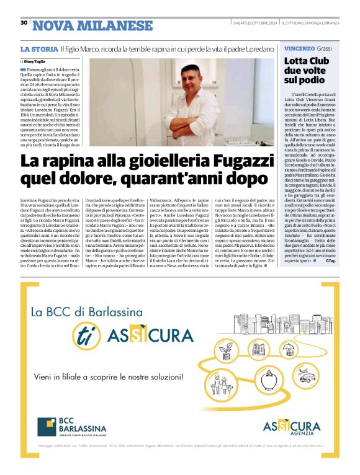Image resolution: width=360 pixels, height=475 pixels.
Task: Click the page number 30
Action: [x=24, y=23]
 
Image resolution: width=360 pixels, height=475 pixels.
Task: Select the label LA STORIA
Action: [x=38, y=48]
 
